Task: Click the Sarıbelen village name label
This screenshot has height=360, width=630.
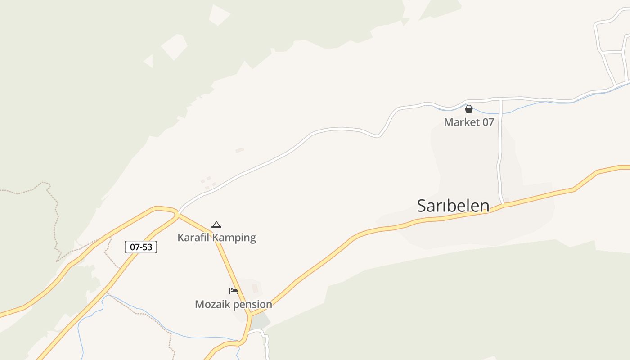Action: (x=453, y=206)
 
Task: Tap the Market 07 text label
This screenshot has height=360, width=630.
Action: (x=469, y=122)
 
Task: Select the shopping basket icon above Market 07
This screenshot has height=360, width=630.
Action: (x=469, y=109)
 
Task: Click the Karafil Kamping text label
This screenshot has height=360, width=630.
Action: (x=216, y=238)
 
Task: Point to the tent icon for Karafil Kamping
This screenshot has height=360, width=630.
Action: (x=216, y=225)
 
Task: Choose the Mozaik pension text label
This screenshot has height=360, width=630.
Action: (x=233, y=304)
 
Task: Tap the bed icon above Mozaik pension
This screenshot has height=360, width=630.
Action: (x=233, y=291)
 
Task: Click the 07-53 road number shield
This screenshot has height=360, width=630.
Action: (x=141, y=247)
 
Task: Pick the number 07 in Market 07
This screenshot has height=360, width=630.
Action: (x=488, y=122)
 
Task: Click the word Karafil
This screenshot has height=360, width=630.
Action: (x=193, y=238)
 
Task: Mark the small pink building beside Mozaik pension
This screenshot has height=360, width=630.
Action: (x=255, y=288)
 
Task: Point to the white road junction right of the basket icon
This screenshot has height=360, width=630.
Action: (x=500, y=99)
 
